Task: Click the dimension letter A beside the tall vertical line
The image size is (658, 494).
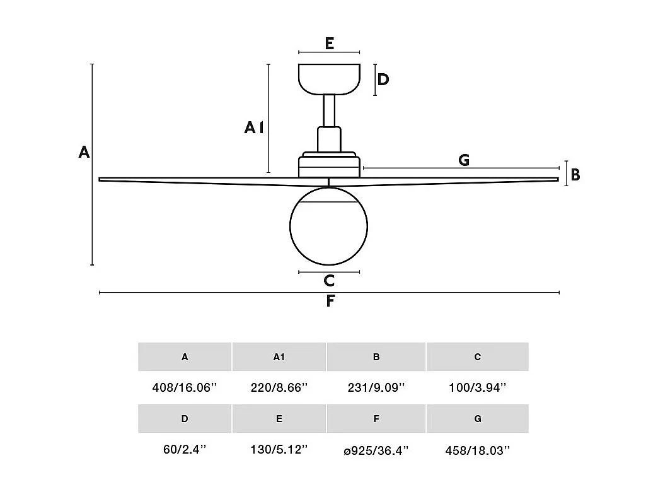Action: pyautogui.click(x=84, y=152)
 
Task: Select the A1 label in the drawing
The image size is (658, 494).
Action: pyautogui.click(x=253, y=128)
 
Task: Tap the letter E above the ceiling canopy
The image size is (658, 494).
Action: pyautogui.click(x=329, y=44)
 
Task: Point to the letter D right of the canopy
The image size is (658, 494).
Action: pyautogui.click(x=383, y=79)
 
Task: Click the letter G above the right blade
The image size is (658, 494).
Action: pyautogui.click(x=464, y=160)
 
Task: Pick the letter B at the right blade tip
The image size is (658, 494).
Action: pyautogui.click(x=575, y=175)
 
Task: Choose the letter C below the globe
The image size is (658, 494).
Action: pyautogui.click(x=329, y=281)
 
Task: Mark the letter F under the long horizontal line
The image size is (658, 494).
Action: pyautogui.click(x=330, y=302)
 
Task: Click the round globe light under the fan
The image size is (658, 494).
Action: pyautogui.click(x=328, y=226)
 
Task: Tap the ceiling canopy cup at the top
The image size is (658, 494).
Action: pyautogui.click(x=329, y=79)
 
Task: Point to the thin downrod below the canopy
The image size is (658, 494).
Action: pyautogui.click(x=329, y=110)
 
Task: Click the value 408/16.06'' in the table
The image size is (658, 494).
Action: pyautogui.click(x=185, y=388)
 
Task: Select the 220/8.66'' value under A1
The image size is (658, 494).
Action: pyautogui.click(x=279, y=388)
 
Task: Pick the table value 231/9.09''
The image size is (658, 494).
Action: pyautogui.click(x=376, y=388)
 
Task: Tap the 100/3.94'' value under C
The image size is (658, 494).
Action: pyautogui.click(x=478, y=388)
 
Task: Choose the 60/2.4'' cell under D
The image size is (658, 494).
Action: pyautogui.click(x=185, y=450)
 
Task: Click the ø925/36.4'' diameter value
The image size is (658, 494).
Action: pyautogui.click(x=376, y=450)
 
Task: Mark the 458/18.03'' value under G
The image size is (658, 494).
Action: pyautogui.click(x=478, y=450)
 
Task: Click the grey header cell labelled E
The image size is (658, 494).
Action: pyautogui.click(x=279, y=418)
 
